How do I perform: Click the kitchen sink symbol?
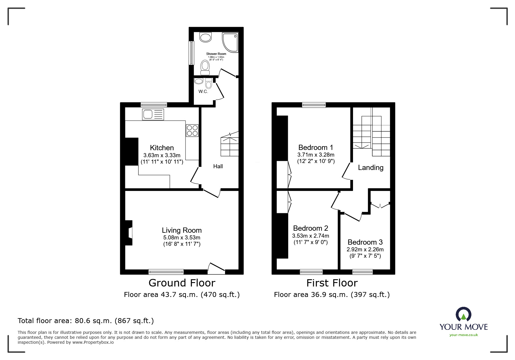click(x=153, y=114)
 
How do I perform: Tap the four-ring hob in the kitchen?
click(x=192, y=130)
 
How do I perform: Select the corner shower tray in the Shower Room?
click(x=230, y=42)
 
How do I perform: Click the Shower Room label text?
click(x=216, y=54)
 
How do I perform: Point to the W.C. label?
click(x=203, y=92)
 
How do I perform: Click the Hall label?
click(x=218, y=166)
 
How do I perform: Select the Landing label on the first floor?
click(x=370, y=167)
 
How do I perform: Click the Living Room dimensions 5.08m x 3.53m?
click(x=182, y=237)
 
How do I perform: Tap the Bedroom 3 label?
click(x=365, y=242)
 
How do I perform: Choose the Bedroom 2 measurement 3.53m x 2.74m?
click(x=311, y=236)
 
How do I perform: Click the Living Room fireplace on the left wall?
click(x=129, y=233)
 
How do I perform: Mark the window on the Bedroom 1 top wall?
click(x=314, y=105)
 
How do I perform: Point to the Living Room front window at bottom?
click(x=166, y=272)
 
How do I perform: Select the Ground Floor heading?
click(x=182, y=283)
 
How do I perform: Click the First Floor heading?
click(x=332, y=283)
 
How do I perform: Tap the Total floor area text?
click(x=86, y=321)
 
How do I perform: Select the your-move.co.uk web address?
click(x=464, y=335)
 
